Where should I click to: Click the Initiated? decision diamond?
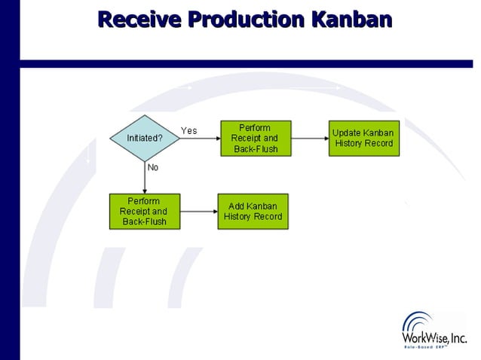click(144, 139)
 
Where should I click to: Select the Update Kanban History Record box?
click(364, 139)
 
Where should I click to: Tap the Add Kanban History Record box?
click(253, 212)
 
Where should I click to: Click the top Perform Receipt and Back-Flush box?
click(255, 139)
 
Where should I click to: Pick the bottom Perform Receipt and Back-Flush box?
click(143, 212)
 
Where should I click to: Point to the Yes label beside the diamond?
click(188, 130)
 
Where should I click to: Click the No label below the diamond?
click(153, 167)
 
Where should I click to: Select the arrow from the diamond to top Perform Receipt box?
click(200, 139)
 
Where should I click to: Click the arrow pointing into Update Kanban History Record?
click(309, 139)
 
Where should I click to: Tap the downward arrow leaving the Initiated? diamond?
click(144, 178)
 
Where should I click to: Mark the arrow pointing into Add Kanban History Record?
click(198, 212)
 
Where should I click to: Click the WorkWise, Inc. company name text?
click(435, 339)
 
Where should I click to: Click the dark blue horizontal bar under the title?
click(249, 64)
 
